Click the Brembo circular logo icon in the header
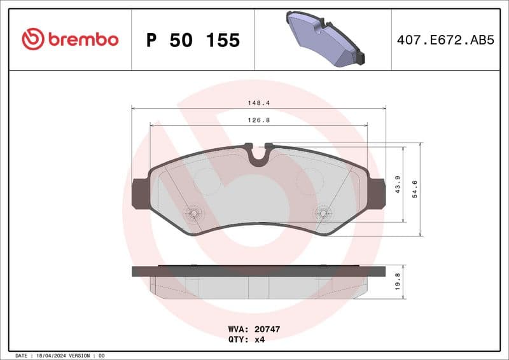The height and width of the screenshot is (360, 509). click(x=32, y=39)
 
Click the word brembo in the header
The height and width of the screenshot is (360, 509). click(x=82, y=39)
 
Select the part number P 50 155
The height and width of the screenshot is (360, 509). click(x=193, y=40)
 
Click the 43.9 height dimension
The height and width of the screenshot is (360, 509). click(x=398, y=184)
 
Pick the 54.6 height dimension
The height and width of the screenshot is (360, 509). click(x=415, y=190)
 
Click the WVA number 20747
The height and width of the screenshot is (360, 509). click(x=267, y=329)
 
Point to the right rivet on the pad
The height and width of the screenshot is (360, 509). click(x=323, y=213)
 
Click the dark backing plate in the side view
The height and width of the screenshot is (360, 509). click(x=258, y=271)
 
